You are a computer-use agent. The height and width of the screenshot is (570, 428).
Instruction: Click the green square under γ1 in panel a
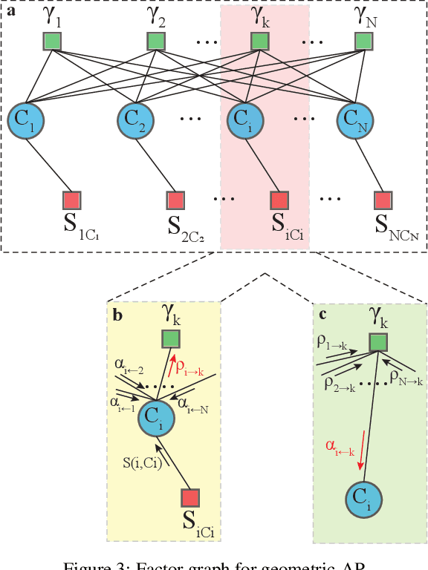pos(52,42)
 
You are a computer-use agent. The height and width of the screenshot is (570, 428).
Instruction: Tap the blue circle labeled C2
pos(134,118)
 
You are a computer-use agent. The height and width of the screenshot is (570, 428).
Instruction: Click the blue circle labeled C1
pos(26,118)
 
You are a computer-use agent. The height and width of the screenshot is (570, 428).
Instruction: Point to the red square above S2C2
pos(175,200)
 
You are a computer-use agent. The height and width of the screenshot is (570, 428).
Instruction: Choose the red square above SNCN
pos(383,200)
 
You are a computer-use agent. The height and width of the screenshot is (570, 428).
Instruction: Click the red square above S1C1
pos(71,200)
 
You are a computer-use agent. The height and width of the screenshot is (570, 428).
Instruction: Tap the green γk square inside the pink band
pos(259,42)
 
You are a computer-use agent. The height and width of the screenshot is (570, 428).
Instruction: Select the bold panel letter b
pos(117,315)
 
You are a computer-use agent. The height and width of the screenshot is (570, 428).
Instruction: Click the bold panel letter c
pos(322,315)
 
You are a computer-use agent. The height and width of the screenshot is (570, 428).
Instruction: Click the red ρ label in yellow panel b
pos(188,366)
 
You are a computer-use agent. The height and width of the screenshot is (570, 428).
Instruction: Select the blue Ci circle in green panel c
pos(363,502)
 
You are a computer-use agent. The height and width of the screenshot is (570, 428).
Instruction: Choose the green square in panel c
pos(378,342)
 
